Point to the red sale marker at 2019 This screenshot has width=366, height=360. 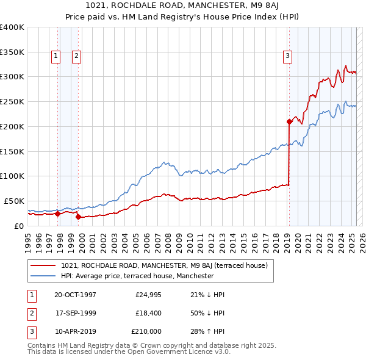(289, 121)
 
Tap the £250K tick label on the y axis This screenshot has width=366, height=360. (12, 101)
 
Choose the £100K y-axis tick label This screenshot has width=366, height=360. (12, 176)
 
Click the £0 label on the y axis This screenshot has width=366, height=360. (19, 226)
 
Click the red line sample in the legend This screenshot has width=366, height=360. (43, 266)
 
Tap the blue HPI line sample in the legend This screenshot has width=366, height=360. (43, 276)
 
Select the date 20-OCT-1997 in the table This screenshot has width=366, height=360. (75, 295)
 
